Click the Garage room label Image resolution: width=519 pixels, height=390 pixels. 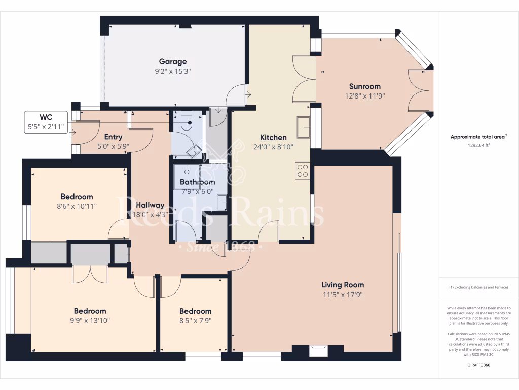[173, 62]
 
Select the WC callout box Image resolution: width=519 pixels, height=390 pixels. [46, 122]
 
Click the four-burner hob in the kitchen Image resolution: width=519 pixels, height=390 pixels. [303, 170]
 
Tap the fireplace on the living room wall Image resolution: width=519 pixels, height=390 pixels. [319, 350]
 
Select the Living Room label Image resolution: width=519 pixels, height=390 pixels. [343, 285]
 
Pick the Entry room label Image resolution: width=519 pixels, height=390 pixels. [113, 137]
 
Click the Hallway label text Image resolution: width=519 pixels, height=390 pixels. [150, 205]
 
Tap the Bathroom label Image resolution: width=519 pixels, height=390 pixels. [197, 182]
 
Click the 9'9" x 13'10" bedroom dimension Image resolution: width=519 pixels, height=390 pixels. [90, 320]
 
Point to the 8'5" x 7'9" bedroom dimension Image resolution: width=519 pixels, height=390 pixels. [195, 320]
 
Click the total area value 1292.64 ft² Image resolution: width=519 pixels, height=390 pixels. [478, 145]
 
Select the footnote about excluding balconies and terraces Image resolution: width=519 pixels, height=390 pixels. [478, 287]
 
